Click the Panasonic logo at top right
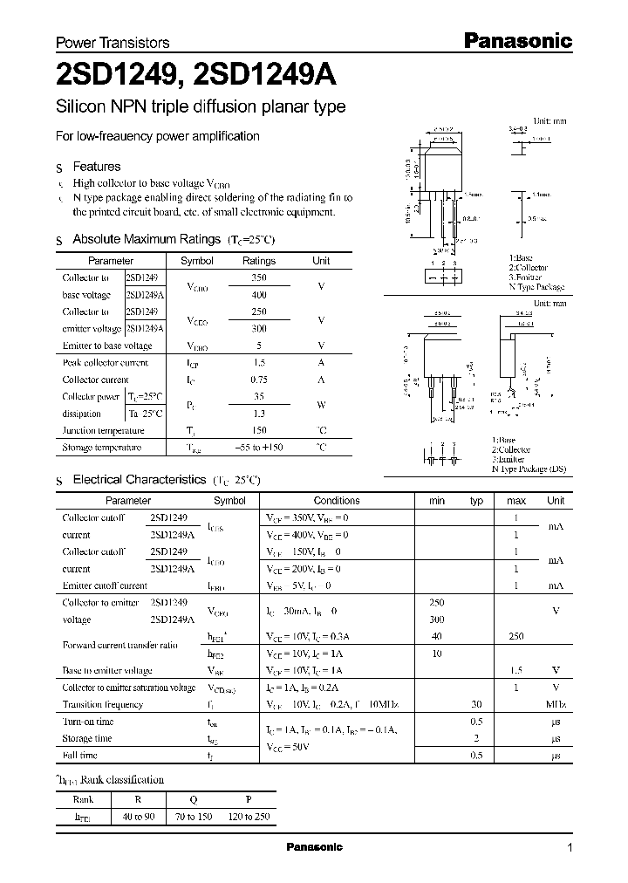(516, 40)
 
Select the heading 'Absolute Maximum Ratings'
(147, 239)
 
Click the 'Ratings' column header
(258, 261)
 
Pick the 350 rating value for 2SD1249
(258, 277)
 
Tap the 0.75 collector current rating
(258, 380)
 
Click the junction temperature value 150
(258, 430)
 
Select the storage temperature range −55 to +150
(258, 448)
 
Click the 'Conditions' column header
(337, 501)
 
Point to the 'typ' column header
(476, 501)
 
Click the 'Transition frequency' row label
(102, 704)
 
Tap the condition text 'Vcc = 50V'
(289, 747)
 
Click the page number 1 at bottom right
(570, 847)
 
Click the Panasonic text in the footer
(314, 847)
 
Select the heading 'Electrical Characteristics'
(139, 479)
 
